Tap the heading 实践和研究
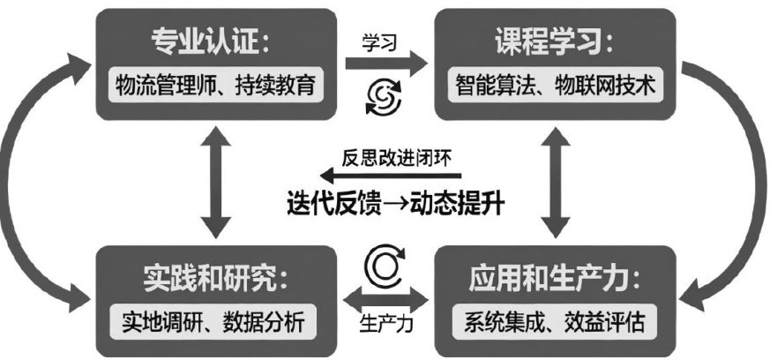point(212,281)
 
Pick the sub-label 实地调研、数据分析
point(212,323)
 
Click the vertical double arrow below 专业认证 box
point(215,185)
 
